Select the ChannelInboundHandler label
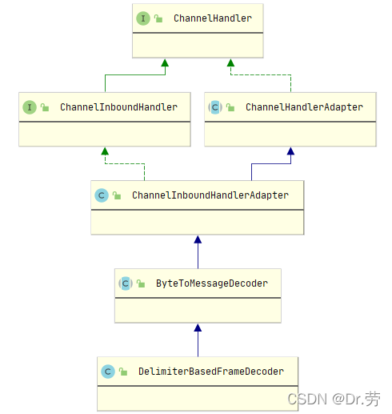coord(118,107)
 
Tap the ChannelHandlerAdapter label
coord(304,107)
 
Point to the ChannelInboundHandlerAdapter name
coord(210,195)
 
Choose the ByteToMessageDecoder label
coord(212,283)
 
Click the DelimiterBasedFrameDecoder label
coord(210,371)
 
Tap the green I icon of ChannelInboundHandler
coord(30,107)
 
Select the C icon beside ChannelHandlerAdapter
coord(214,107)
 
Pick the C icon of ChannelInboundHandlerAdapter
coord(102,195)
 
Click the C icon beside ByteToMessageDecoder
coord(126,283)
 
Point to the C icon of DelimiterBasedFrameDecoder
coord(108,371)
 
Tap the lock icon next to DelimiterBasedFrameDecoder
coord(124,372)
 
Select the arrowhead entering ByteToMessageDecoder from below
coord(198,328)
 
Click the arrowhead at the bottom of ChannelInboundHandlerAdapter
coord(198,239)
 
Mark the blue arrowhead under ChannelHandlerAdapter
coord(290,151)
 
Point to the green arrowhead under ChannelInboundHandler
coord(104,151)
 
